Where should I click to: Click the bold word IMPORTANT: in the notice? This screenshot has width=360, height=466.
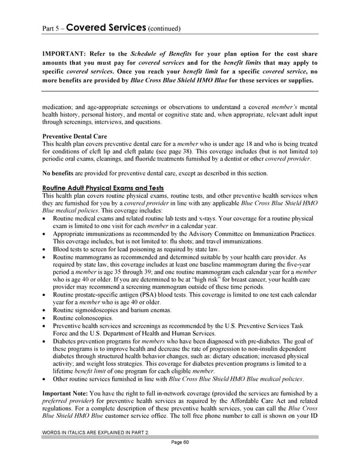tap(66, 53)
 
